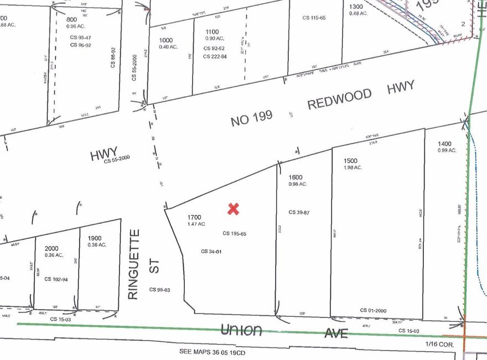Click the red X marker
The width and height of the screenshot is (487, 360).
[234, 208]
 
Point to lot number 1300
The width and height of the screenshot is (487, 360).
[356, 7]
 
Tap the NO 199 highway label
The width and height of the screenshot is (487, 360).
[252, 117]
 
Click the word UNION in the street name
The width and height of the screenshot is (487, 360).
[241, 330]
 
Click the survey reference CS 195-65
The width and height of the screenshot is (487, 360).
[234, 233]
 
